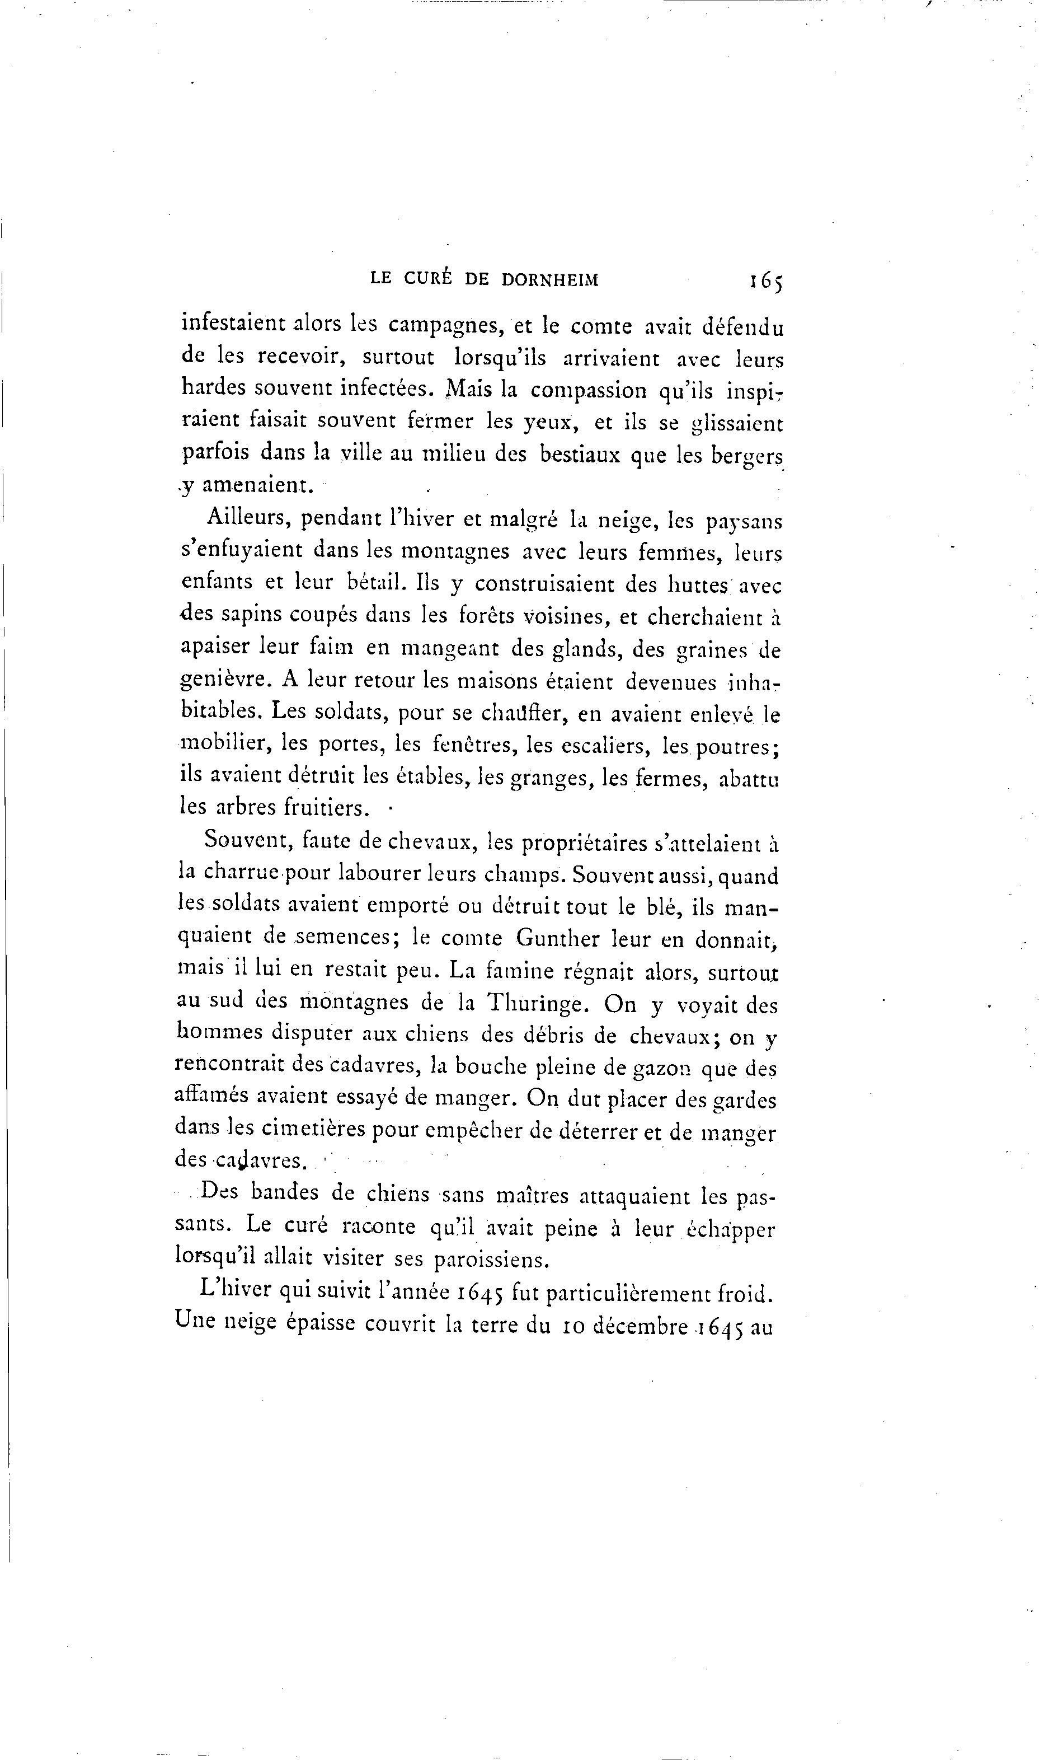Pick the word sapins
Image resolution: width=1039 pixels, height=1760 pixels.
251,614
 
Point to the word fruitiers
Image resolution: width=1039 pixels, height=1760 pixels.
326,808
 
